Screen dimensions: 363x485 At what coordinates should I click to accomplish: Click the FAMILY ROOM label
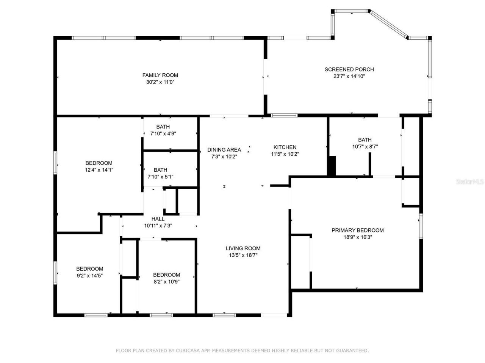(160, 75)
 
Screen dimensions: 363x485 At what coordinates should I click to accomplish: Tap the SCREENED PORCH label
(349, 69)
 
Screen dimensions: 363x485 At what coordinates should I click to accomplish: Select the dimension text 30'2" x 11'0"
(160, 82)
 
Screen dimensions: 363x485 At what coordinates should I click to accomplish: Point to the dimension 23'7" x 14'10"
(349, 76)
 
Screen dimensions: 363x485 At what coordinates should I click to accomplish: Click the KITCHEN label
(285, 147)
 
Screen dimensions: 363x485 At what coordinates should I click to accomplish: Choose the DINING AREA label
(224, 150)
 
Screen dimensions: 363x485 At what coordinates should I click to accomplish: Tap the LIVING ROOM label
(243, 248)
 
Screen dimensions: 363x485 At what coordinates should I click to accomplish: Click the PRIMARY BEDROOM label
(357, 230)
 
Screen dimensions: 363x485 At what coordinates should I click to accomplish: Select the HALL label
(158, 219)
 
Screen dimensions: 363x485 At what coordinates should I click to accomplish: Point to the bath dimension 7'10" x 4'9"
(163, 133)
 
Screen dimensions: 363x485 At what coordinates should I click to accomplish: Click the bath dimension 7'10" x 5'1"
(160, 177)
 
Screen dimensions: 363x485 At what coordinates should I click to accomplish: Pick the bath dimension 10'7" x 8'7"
(365, 146)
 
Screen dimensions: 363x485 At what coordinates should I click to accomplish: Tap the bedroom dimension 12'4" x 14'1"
(99, 170)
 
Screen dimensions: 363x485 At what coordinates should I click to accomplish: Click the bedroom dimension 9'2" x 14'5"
(89, 276)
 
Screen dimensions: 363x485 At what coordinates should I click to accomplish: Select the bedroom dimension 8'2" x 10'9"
(166, 282)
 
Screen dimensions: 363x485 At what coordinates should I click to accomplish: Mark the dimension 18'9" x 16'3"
(357, 237)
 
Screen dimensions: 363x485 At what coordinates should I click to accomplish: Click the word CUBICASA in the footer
(186, 351)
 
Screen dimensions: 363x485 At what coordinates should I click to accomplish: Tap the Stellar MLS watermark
(470, 181)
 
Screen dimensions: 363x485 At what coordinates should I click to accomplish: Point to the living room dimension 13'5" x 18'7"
(243, 255)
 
